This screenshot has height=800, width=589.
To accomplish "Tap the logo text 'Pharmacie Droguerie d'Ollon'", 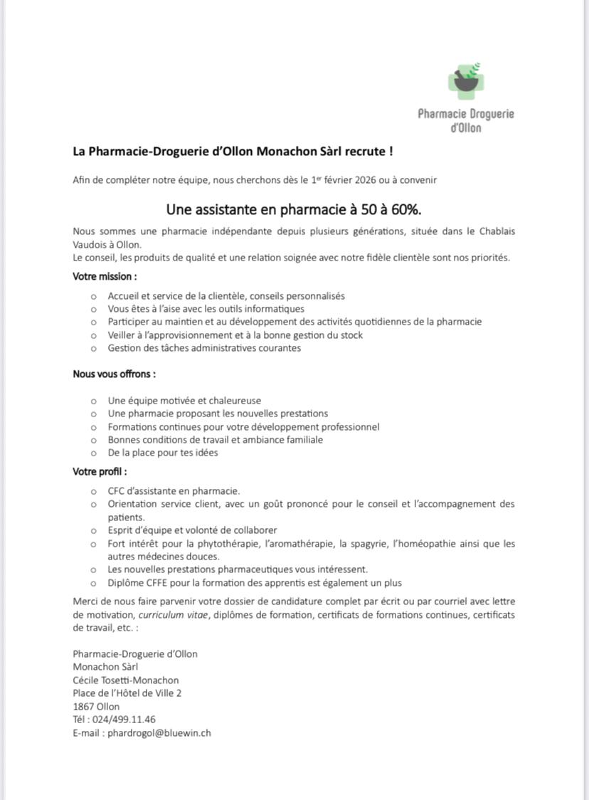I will pyautogui.click(x=466, y=120).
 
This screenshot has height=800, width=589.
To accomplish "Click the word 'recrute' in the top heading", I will pyautogui.click(x=365, y=152).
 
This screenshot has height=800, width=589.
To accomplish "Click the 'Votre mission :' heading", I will pyautogui.click(x=105, y=276).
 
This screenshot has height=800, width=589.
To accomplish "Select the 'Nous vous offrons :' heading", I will pyautogui.click(x=114, y=374).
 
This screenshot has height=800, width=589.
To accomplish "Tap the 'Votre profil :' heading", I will pyautogui.click(x=100, y=471).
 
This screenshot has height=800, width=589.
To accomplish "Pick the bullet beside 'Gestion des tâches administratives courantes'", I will pyautogui.click(x=93, y=349).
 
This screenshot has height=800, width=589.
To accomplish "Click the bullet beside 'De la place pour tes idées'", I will pyautogui.click(x=93, y=453).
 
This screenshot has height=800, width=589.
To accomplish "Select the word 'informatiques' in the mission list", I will pyautogui.click(x=275, y=309).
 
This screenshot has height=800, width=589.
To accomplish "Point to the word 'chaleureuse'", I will pyautogui.click(x=234, y=401).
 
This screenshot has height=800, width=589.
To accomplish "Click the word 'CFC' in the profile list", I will pyautogui.click(x=116, y=491).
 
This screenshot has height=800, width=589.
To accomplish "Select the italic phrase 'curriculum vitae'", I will pyautogui.click(x=174, y=615).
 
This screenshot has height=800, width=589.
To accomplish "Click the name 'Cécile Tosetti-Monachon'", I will pyautogui.click(x=126, y=680).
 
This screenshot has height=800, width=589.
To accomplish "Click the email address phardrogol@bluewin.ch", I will pyautogui.click(x=159, y=732).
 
